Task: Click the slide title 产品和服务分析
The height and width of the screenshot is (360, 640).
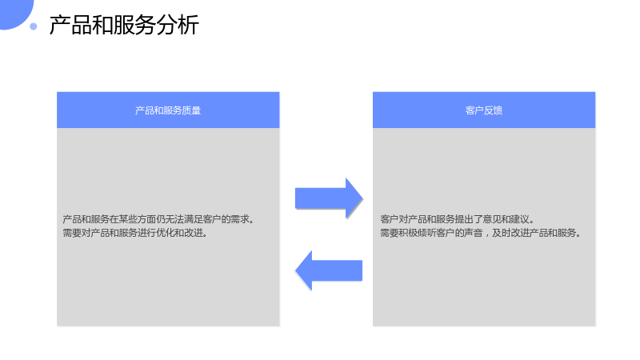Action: (124, 25)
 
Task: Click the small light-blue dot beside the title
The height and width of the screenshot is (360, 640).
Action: (34, 26)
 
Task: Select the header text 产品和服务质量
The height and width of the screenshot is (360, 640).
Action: (168, 110)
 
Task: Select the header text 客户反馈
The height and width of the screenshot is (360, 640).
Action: (484, 110)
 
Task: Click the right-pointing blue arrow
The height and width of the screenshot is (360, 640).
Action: (329, 198)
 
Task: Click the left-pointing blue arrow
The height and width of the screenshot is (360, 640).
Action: (329, 270)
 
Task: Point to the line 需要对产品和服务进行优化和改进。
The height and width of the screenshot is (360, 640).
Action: (135, 233)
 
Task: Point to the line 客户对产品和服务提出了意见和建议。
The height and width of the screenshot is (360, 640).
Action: (458, 219)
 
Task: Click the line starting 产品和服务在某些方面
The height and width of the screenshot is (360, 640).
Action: (158, 219)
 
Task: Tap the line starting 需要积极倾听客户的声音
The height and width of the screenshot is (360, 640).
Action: (481, 233)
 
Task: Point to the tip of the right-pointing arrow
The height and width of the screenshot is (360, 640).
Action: (363, 198)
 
